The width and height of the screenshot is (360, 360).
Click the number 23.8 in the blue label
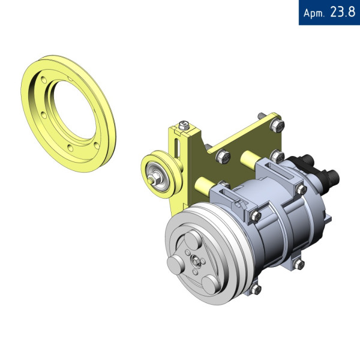pos(343,12)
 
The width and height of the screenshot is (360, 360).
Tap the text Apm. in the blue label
pos(314,13)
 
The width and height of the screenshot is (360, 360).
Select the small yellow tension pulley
pos(162,174)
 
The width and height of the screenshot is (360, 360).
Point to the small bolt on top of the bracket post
pos(184,125)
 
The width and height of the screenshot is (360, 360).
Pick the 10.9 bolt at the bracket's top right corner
pos(277,126)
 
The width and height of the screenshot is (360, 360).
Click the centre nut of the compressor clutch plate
pos(196,261)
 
